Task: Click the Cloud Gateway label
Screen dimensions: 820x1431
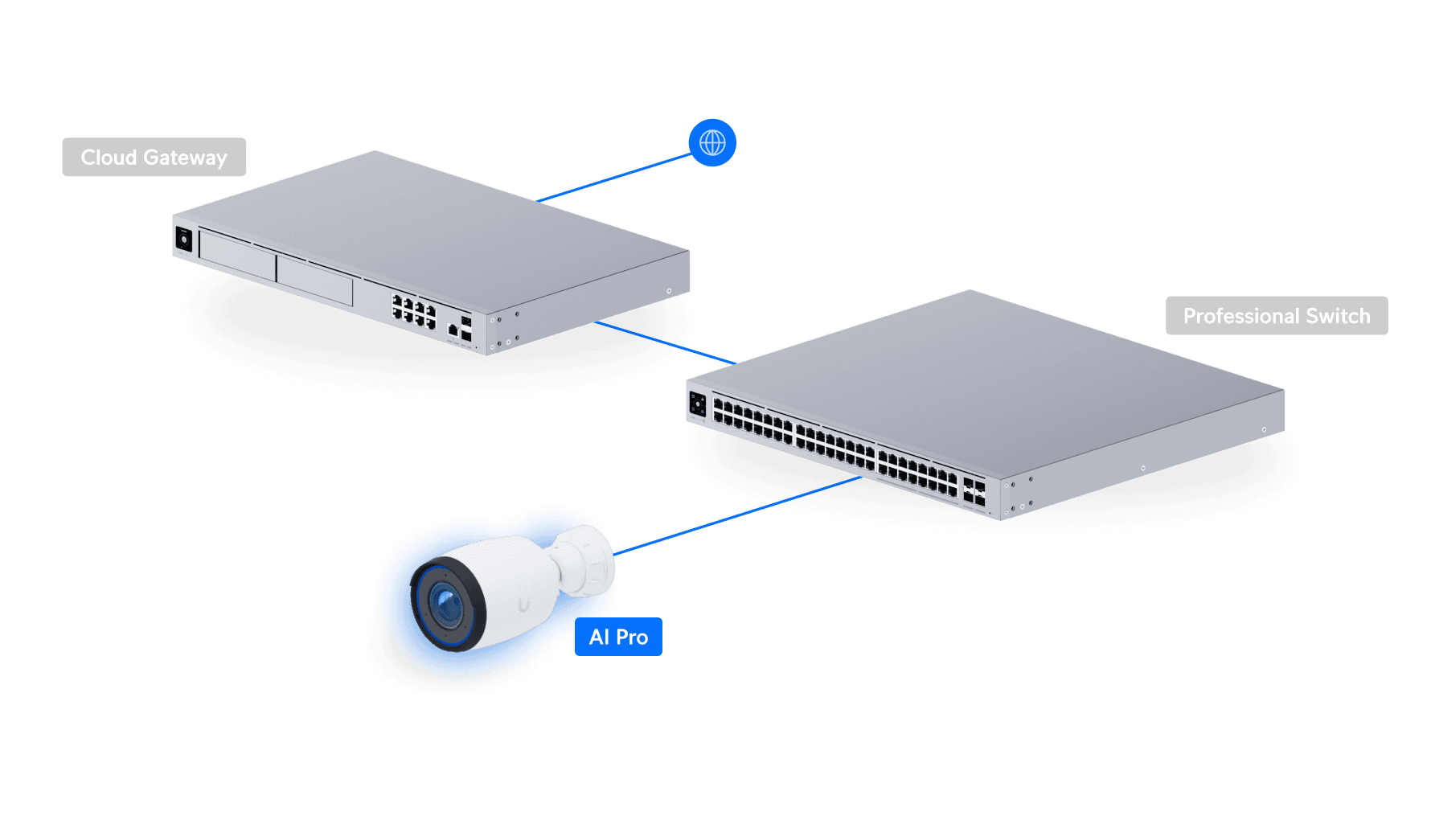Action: (x=154, y=158)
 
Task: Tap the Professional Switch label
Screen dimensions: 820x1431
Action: (x=1276, y=316)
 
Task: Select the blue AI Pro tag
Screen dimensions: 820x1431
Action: (x=618, y=637)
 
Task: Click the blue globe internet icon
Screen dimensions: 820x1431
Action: (x=712, y=143)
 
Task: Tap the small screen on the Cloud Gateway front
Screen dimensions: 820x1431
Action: (x=184, y=240)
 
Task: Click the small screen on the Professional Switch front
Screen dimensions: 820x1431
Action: (x=698, y=404)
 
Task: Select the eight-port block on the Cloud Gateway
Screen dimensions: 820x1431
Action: (x=413, y=311)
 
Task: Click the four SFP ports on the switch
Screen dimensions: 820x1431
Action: (x=974, y=491)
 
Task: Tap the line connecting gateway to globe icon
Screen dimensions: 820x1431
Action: (x=615, y=178)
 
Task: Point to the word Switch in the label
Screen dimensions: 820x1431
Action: (x=1338, y=316)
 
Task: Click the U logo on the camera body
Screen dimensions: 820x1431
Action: (x=524, y=605)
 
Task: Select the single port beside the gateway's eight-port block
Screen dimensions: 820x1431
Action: (x=453, y=330)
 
